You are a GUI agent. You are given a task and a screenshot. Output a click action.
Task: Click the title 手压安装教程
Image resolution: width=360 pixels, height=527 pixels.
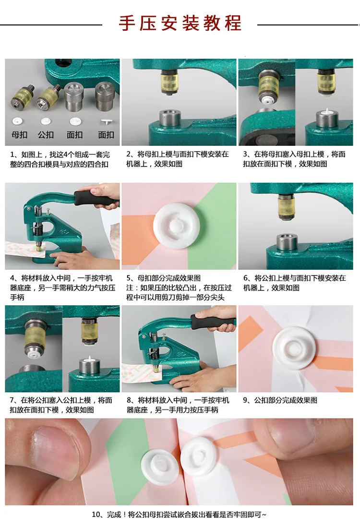tap(180, 23)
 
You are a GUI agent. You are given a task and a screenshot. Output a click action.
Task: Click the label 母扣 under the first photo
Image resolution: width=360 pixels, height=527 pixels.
tap(20, 135)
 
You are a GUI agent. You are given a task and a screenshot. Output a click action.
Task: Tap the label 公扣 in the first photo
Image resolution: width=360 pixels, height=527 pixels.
tap(46, 135)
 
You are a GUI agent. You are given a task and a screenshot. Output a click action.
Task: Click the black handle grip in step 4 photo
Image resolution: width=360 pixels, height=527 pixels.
tap(94, 198)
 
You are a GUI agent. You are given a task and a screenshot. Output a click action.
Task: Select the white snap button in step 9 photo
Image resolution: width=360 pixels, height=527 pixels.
tap(294, 347)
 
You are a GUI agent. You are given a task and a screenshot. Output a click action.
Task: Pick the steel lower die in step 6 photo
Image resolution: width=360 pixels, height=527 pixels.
tap(287, 242)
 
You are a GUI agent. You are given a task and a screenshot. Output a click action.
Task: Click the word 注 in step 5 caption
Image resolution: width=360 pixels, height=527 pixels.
tap(130, 287)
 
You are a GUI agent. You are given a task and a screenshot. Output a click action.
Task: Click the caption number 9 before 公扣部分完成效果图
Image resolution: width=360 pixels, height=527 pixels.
tap(245, 401)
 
